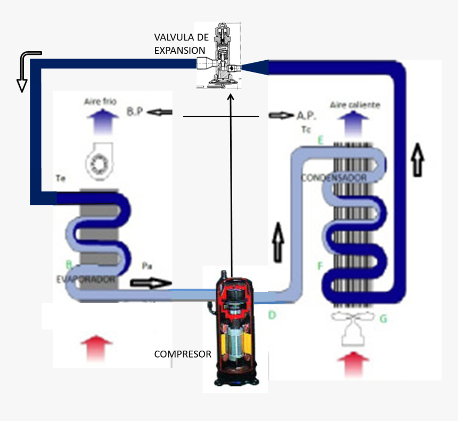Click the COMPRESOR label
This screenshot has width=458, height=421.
tap(183, 354)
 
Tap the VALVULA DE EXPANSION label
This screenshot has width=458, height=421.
tap(181, 44)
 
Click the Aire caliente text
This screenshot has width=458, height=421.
tap(355, 104)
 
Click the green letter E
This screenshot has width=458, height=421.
tap(320, 141)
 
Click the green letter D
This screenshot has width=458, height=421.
tap(272, 315)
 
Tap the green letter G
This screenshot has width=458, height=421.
tap(382, 319)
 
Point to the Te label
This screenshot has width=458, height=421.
tap(60, 181)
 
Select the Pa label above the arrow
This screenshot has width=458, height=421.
tap(148, 265)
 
